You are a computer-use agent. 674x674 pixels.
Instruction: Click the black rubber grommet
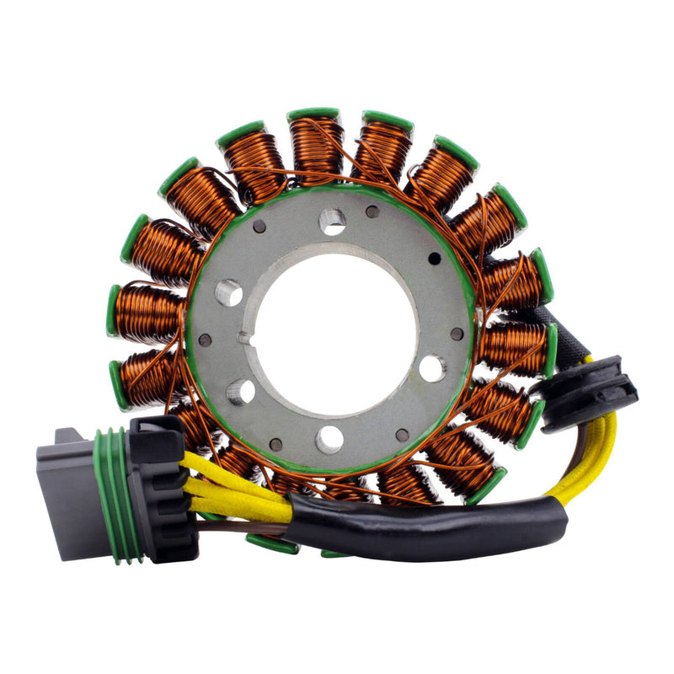[590, 392]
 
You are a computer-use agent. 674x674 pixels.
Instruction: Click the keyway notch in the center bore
[246, 339]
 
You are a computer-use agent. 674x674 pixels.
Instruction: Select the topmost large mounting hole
[332, 222]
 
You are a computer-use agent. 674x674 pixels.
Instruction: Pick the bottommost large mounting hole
[329, 439]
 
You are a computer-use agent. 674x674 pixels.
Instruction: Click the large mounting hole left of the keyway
[228, 292]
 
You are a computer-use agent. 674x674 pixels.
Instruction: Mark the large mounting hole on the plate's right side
[432, 367]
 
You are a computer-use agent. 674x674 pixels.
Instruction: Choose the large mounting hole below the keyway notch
[240, 391]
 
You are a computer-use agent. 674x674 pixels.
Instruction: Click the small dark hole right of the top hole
[372, 211]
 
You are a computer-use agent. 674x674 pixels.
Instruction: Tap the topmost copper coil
[315, 148]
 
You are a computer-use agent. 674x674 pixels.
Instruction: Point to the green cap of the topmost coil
[313, 114]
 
